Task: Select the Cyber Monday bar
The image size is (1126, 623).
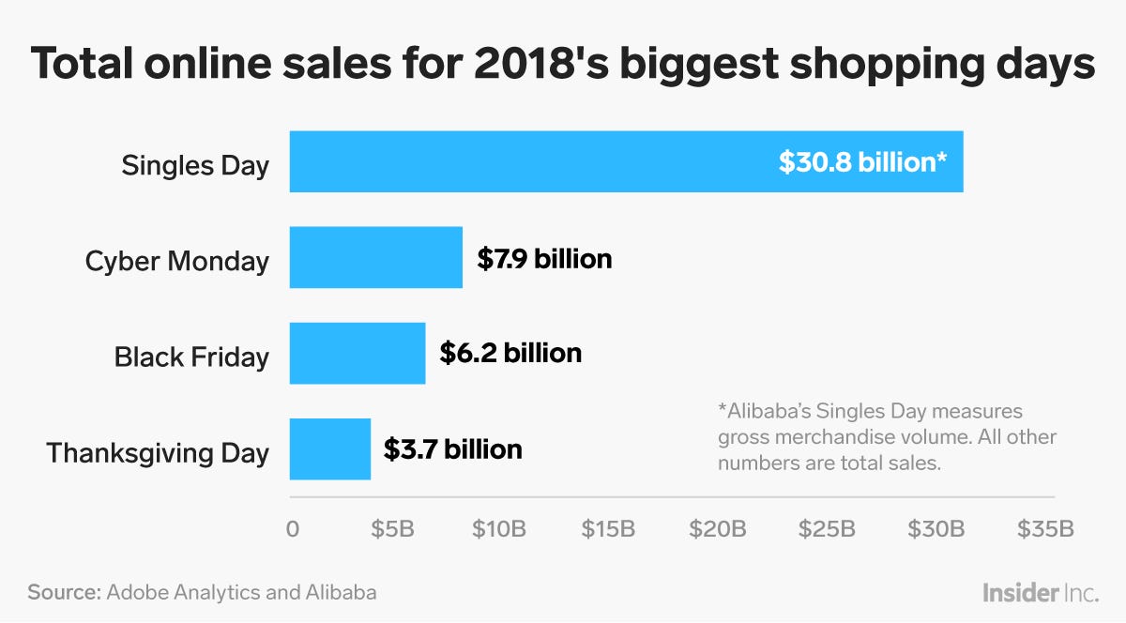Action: pos(375,257)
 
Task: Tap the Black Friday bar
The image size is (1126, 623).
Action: pos(357,353)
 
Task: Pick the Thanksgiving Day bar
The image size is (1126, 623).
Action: pos(329,448)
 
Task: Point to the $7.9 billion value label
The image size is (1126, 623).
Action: pos(544,258)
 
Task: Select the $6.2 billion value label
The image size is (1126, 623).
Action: pos(510,354)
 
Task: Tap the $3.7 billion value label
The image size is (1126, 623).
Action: pos(452,449)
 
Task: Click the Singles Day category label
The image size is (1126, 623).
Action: pos(195,166)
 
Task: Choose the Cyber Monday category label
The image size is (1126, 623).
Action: pos(176,261)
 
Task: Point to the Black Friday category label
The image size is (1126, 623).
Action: pos(191,357)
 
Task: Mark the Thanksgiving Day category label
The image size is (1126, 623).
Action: pos(158,453)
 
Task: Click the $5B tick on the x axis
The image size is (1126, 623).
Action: pos(393,529)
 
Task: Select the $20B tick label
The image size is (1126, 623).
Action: pos(718,529)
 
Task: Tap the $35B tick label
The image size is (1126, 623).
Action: pos(1045,529)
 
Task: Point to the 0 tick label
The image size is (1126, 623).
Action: pos(293,529)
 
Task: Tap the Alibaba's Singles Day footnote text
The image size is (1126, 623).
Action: pos(887,437)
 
